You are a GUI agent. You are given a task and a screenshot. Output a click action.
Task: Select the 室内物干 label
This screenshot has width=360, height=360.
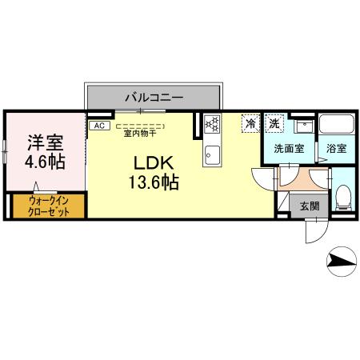point(140,134)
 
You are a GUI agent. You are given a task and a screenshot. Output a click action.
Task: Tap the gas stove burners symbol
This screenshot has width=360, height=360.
point(214,123)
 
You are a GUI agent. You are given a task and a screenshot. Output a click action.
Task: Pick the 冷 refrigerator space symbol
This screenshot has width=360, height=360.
point(251,123)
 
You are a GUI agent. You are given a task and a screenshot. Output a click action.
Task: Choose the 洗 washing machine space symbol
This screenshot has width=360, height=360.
point(275,123)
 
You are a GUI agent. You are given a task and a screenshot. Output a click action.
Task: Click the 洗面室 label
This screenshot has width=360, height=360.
point(287,148)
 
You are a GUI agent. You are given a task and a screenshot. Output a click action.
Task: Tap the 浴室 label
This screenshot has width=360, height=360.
point(336,148)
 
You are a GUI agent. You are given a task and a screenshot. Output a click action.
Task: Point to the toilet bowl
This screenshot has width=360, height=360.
point(342,194)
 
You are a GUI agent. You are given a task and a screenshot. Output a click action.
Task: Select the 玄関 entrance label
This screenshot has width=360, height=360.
point(310,205)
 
